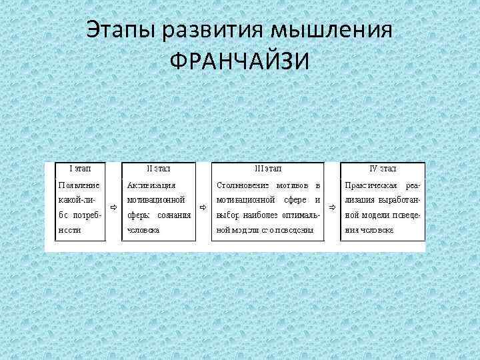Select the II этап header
click(x=159, y=170)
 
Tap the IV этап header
click(x=383, y=170)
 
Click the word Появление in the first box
click(x=79, y=184)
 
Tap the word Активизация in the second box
click(x=151, y=184)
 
